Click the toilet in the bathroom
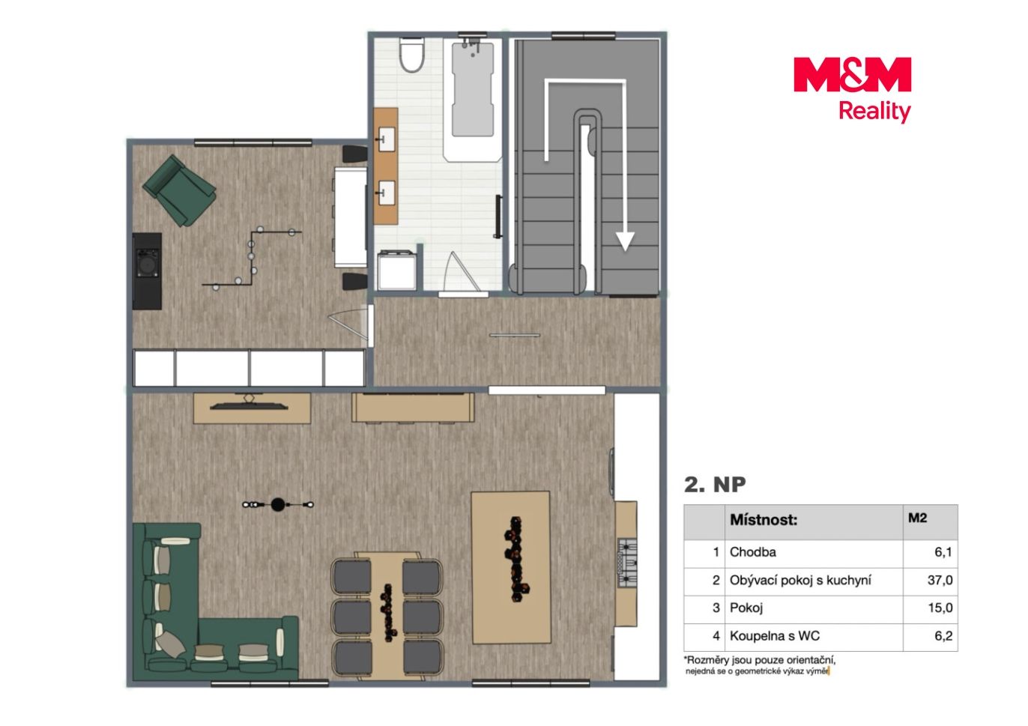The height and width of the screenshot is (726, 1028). pyautogui.click(x=411, y=55)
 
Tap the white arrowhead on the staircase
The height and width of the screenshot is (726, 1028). pyautogui.click(x=625, y=241)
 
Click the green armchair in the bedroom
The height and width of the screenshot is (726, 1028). pyautogui.click(x=179, y=190)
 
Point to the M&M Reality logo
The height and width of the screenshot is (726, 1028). pyautogui.click(x=852, y=89)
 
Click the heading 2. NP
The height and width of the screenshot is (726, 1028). pyautogui.click(x=715, y=485)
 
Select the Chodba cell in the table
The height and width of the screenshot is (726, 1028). pyautogui.click(x=752, y=552)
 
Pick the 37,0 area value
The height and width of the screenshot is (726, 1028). pyautogui.click(x=940, y=580)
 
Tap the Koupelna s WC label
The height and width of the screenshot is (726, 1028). pyautogui.click(x=775, y=636)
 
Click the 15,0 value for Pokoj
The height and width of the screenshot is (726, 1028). pyautogui.click(x=940, y=608)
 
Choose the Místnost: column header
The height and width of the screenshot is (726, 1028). pyautogui.click(x=764, y=520)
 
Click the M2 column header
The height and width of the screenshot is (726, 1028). pyautogui.click(x=917, y=518)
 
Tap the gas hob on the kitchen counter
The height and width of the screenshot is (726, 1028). pyautogui.click(x=627, y=563)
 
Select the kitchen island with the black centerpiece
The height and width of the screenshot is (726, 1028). pyautogui.click(x=511, y=567)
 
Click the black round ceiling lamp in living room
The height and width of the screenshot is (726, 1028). pyautogui.click(x=278, y=505)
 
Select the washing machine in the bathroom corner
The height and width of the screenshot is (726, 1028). pyautogui.click(x=396, y=270)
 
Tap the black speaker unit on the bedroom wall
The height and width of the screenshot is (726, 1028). pyautogui.click(x=148, y=270)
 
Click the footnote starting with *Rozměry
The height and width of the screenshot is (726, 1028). pyautogui.click(x=760, y=665)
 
